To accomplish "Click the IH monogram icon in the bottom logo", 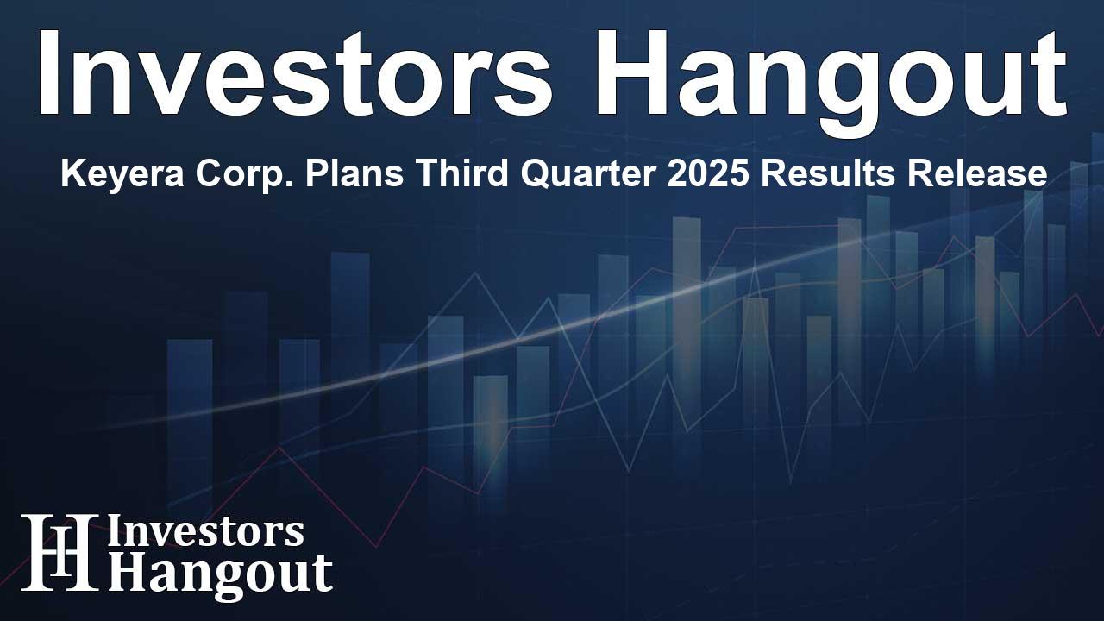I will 59,552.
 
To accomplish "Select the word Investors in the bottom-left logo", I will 205,532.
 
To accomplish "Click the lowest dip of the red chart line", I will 375,546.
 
